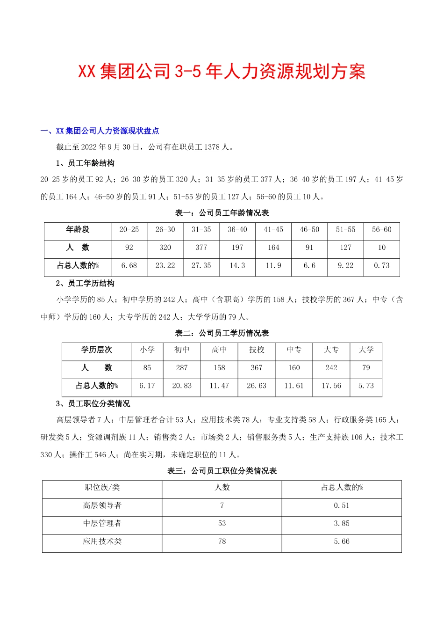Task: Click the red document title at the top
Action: (x=222, y=72)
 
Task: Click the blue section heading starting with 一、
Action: (x=100, y=131)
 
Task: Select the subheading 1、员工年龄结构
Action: (x=85, y=163)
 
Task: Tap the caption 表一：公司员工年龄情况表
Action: (x=222, y=213)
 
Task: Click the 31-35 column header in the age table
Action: (x=201, y=230)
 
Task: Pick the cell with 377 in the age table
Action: (x=201, y=248)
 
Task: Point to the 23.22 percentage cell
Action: (x=165, y=266)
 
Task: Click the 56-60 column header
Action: (x=381, y=230)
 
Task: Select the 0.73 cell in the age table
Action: (x=381, y=266)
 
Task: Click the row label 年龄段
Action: (x=78, y=230)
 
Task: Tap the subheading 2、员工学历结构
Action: (x=85, y=284)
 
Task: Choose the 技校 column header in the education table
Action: (x=257, y=350)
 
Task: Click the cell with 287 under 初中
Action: (x=182, y=368)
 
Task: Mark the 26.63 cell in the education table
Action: (x=257, y=386)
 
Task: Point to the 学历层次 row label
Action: (x=96, y=350)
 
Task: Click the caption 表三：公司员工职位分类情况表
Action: (x=222, y=471)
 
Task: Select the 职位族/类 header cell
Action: (x=102, y=488)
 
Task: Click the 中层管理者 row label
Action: (x=102, y=524)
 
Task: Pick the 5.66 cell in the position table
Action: (x=342, y=542)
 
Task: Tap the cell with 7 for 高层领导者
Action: (x=222, y=506)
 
